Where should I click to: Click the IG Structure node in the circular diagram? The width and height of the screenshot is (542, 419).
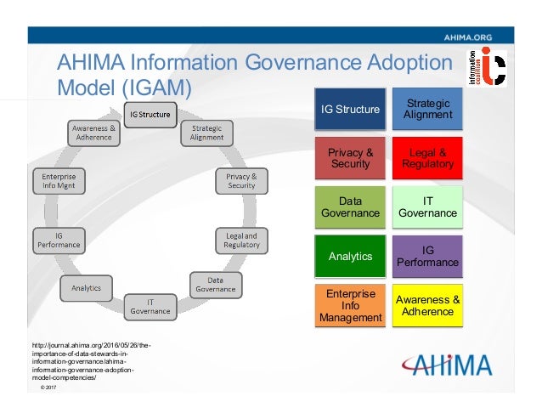(150, 114)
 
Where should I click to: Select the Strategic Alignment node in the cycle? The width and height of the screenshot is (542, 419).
(206, 133)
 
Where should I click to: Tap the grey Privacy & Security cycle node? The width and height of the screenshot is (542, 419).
(241, 180)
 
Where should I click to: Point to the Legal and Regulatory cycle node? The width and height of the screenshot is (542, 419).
(241, 240)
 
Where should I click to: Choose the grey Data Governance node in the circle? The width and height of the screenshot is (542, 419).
(215, 284)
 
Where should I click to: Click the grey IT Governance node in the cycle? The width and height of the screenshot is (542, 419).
(150, 306)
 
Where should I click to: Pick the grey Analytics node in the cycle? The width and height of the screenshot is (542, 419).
(86, 288)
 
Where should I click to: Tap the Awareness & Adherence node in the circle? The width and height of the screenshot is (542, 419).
(92, 133)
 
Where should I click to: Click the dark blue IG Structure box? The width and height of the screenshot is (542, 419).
(350, 110)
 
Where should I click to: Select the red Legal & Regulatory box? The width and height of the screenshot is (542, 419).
(427, 158)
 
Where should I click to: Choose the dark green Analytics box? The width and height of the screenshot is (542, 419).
(350, 256)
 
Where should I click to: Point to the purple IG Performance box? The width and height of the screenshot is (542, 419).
(427, 256)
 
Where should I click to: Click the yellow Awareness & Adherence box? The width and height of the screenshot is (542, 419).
(427, 305)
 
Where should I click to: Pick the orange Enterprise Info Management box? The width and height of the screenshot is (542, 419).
(350, 306)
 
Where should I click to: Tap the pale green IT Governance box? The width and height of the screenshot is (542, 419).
(427, 207)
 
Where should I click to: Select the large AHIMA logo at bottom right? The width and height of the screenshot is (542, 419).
(447, 364)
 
